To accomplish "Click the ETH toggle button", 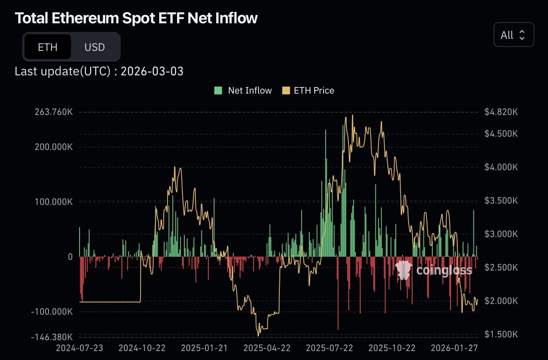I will [47, 47].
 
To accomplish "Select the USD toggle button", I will [95, 47].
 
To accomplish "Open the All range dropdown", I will [513, 35].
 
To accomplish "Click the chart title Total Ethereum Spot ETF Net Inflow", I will [136, 18].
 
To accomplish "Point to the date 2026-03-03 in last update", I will [152, 71].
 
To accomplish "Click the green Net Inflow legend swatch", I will [218, 90].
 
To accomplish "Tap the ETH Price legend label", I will [314, 90].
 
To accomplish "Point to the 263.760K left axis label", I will [54, 112].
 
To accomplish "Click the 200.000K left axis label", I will [54, 147].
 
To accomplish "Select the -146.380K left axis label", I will [52, 337].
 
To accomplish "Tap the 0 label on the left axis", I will [70, 257].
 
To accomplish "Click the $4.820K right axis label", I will [501, 112].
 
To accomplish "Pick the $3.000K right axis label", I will [501, 234].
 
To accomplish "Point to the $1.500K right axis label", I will [501, 334].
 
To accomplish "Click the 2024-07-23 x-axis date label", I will [80, 348].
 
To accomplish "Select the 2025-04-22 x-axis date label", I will [267, 348].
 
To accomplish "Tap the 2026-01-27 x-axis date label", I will [454, 348].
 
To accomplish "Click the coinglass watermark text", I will [444, 270].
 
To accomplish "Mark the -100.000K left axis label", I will [52, 311].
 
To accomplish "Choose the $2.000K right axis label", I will [501, 301].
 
